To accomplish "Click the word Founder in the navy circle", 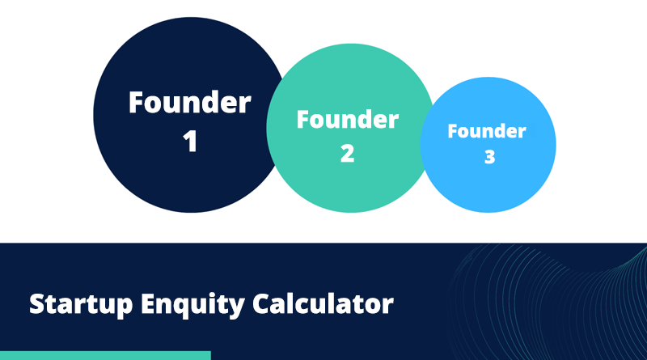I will pos(190,104).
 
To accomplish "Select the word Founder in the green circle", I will pos(348,121).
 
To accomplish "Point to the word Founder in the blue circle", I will pos(487,131).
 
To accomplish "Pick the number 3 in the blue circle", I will pos(489,157).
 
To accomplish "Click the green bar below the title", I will pos(105,355).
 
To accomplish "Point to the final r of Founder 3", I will pos(522,133).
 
